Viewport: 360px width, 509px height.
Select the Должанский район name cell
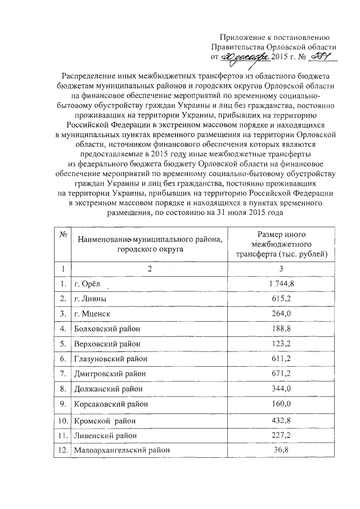click(106, 389)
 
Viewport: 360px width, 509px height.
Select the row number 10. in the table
click(62, 420)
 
